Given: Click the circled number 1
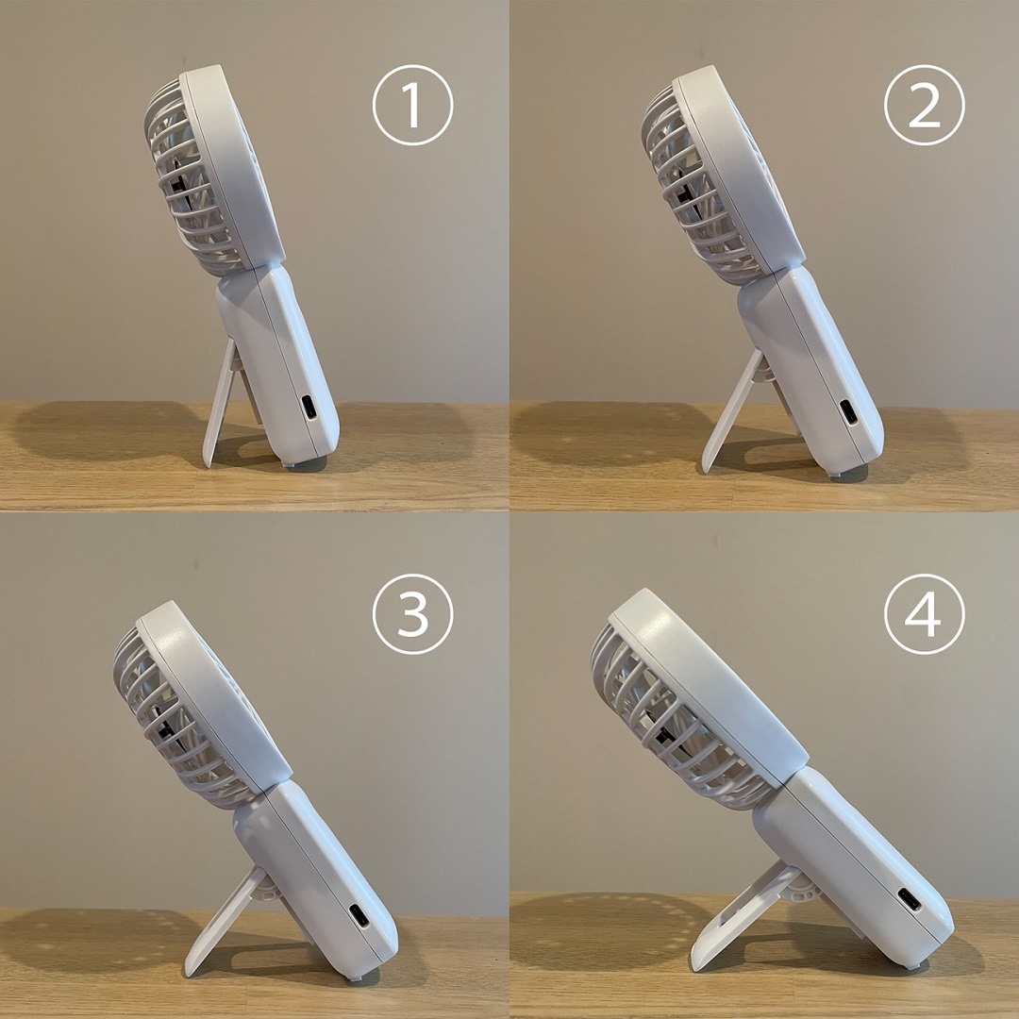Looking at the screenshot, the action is click(412, 105).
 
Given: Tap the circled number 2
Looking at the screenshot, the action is click(924, 105).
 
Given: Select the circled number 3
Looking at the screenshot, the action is click(412, 613).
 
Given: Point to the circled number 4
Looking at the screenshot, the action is click(924, 613).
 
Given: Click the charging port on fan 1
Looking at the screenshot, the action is click(309, 409).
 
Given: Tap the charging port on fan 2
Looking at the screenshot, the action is click(849, 411).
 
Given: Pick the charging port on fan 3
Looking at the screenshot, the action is click(359, 915).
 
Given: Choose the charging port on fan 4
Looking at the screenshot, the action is click(910, 899).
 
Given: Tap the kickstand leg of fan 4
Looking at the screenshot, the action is click(741, 916).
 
